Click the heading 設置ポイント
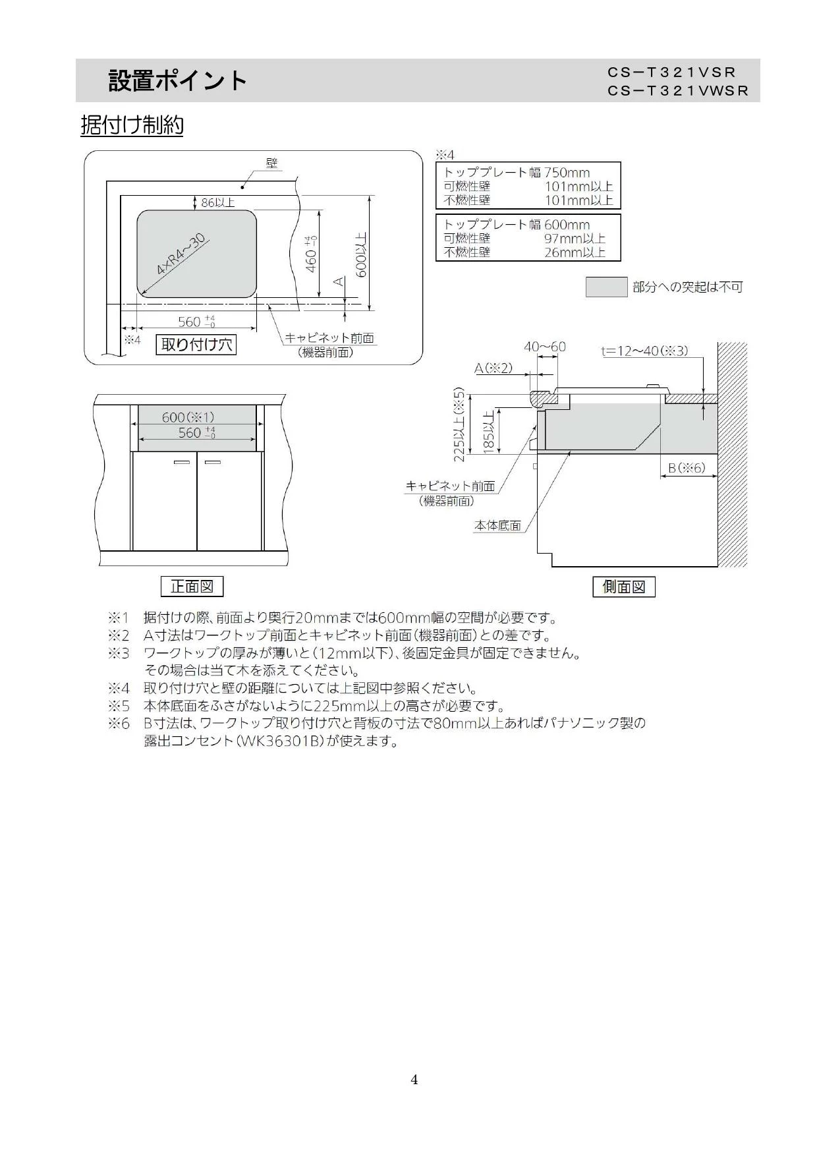click(178, 81)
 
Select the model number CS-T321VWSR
click(679, 91)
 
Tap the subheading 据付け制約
click(132, 125)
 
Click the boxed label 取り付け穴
click(196, 344)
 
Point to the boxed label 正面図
click(192, 586)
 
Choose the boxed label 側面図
click(624, 587)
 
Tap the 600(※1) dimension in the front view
click(188, 417)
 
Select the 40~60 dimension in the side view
click(545, 347)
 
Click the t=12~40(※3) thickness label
click(644, 351)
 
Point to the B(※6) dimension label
click(687, 468)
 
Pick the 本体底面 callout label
click(498, 525)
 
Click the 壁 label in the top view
click(271, 163)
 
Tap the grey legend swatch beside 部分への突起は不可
click(606, 287)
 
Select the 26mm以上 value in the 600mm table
click(575, 252)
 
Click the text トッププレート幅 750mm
click(517, 173)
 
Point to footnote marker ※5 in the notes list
click(119, 706)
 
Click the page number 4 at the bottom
click(414, 1080)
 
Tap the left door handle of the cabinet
click(181, 463)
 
